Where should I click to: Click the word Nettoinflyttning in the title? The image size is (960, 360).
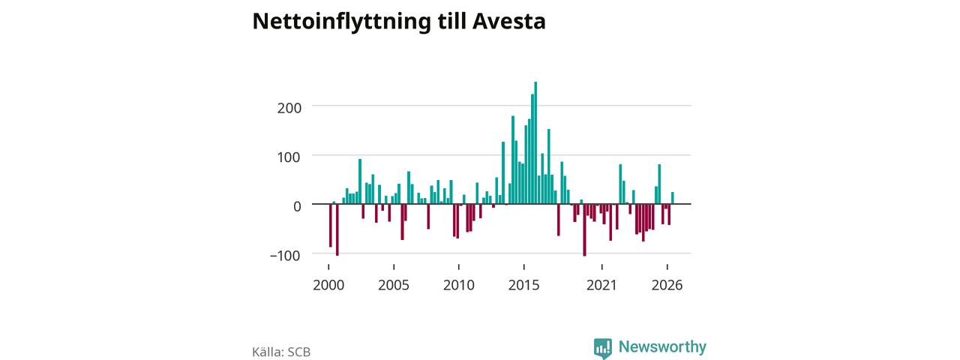pyautogui.click(x=341, y=22)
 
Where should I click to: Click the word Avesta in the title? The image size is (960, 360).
pyautogui.click(x=509, y=22)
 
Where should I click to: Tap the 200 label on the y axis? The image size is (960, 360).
pyautogui.click(x=289, y=108)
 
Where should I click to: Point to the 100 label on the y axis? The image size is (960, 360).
pyautogui.click(x=289, y=157)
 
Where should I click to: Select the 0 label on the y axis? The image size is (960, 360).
pyautogui.click(x=297, y=206)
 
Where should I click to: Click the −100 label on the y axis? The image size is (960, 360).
pyautogui.click(x=285, y=256)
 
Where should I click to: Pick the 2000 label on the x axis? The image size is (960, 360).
pyautogui.click(x=328, y=286)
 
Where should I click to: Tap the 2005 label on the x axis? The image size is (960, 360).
pyautogui.click(x=394, y=286)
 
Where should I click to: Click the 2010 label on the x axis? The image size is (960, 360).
pyautogui.click(x=458, y=286)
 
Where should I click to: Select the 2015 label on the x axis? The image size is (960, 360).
pyautogui.click(x=523, y=286)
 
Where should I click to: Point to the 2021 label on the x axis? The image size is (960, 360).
pyautogui.click(x=601, y=286)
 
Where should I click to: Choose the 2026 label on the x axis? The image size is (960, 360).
pyautogui.click(x=667, y=286)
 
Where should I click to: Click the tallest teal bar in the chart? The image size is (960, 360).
pyautogui.click(x=535, y=142)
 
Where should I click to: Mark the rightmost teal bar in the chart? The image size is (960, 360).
pyautogui.click(x=673, y=198)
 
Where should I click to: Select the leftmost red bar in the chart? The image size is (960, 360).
pyautogui.click(x=331, y=226)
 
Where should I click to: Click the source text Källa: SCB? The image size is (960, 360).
pyautogui.click(x=281, y=352)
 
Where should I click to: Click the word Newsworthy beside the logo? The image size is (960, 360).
pyautogui.click(x=662, y=346)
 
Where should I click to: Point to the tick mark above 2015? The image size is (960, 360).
pyautogui.click(x=523, y=267)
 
